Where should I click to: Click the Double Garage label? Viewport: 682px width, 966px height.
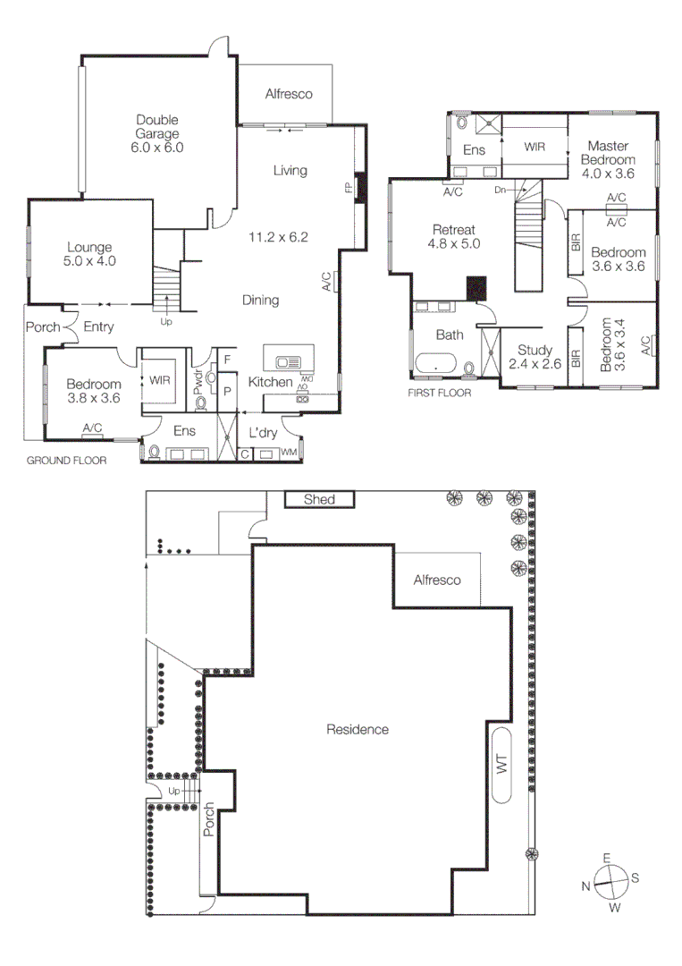click(x=158, y=133)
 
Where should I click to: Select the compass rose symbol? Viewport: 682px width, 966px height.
click(x=610, y=882)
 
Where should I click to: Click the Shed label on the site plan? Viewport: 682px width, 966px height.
click(x=319, y=499)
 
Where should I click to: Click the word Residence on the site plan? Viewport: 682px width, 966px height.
click(x=358, y=729)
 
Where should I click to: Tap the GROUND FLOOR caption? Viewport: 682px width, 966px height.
click(x=66, y=462)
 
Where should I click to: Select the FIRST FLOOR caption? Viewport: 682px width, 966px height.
click(x=440, y=393)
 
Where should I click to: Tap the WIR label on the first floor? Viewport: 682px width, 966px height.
click(x=535, y=145)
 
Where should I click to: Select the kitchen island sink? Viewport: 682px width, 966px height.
click(x=290, y=362)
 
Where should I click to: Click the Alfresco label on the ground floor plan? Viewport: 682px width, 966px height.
click(x=289, y=94)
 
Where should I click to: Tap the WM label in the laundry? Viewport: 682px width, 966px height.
click(x=288, y=453)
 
